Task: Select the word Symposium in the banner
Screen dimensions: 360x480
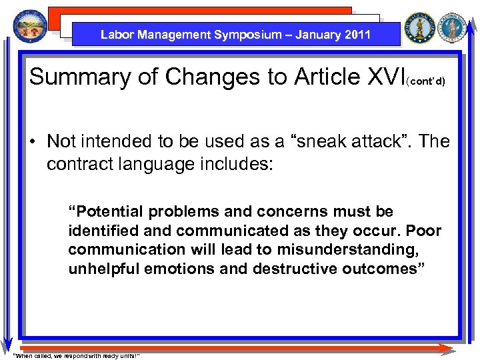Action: click(x=248, y=35)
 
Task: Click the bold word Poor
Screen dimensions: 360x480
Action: click(x=423, y=231)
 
